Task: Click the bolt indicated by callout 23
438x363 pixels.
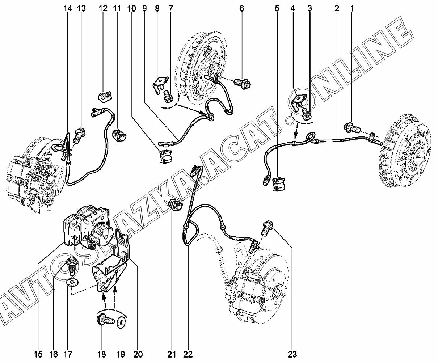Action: click(268, 228)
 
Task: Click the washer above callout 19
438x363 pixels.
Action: click(122, 321)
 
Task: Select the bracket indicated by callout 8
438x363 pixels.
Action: click(159, 85)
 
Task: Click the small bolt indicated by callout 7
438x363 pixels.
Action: click(168, 97)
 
